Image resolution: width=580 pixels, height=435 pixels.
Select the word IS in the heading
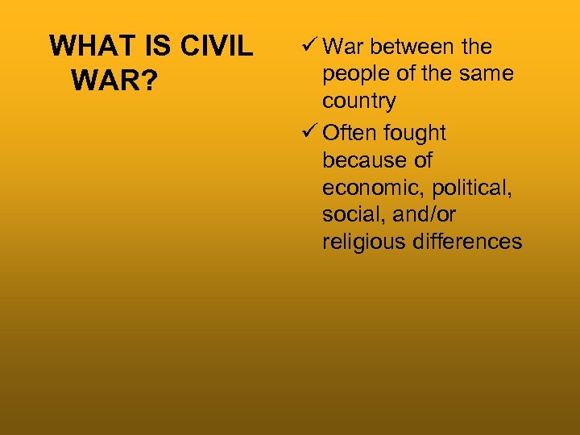(159, 47)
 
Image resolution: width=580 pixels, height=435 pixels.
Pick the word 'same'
(486, 74)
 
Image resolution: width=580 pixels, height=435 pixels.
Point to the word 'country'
(358, 101)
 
